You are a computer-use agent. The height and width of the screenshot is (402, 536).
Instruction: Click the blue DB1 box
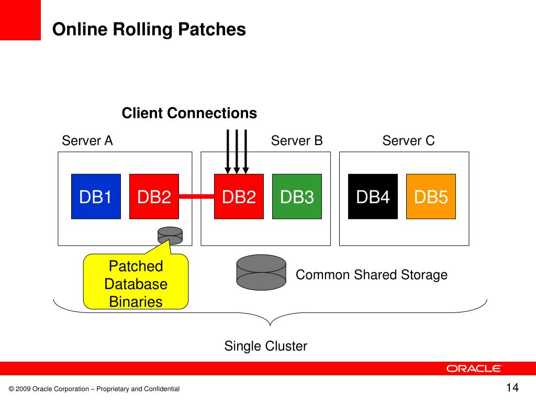coord(96,197)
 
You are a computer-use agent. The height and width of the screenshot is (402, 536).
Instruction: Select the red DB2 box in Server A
coord(154,197)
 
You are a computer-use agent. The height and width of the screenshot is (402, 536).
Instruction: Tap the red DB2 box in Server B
coord(239,197)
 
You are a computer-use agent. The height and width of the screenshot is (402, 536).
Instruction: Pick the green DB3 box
coord(297,197)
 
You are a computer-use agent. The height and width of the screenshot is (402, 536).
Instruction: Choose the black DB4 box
coord(373,197)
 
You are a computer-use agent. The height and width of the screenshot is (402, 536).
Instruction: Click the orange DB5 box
coord(431,197)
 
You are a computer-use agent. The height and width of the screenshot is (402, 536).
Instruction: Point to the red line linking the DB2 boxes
coord(197,196)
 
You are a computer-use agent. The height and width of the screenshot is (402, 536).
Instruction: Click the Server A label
coord(87,140)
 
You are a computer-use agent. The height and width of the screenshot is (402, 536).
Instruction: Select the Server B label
coord(297,140)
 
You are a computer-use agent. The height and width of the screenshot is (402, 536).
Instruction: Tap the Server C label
coord(408,140)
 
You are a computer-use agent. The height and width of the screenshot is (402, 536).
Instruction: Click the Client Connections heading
coord(189,113)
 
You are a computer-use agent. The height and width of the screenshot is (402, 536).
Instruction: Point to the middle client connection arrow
coord(237,152)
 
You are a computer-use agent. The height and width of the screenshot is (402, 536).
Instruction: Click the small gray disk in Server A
coord(170,236)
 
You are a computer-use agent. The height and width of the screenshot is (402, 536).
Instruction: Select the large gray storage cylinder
coord(261,272)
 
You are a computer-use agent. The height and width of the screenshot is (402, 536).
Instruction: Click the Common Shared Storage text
coord(372,275)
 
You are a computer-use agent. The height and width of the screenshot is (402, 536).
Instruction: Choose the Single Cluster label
coord(265,346)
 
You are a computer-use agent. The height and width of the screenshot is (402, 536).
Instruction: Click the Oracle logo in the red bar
coord(473,368)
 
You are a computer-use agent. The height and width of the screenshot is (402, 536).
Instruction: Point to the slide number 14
coord(512,388)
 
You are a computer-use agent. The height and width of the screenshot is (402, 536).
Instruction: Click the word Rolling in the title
coord(142,30)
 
